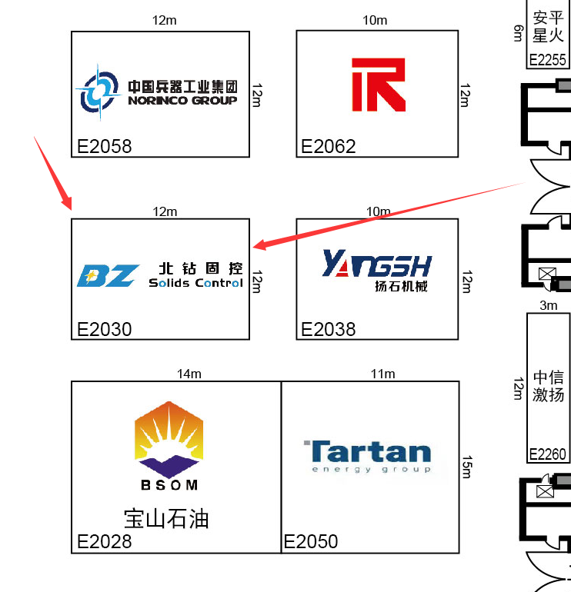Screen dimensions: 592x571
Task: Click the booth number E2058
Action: [x=105, y=146]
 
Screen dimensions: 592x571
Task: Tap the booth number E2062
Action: [x=329, y=146]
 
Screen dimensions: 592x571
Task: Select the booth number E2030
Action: [x=105, y=329]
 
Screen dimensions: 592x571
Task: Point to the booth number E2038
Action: [x=329, y=329]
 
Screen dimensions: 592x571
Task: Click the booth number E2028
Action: [x=105, y=541]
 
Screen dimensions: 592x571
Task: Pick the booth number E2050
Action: [x=311, y=541]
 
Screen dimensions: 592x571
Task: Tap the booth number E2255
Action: [x=547, y=60]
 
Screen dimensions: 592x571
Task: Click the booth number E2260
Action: [x=547, y=454]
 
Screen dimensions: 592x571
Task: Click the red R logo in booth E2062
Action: [x=378, y=84]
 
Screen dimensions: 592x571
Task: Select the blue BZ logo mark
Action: [x=109, y=275]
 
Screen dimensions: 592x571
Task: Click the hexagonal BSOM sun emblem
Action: [x=169, y=438]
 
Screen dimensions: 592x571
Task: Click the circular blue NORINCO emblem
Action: [x=97, y=91]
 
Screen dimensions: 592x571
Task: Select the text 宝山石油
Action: [x=166, y=518]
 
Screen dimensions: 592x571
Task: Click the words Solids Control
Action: [x=195, y=283]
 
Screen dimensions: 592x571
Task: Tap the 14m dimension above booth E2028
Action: [x=189, y=374]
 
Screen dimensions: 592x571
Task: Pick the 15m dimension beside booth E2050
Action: [x=466, y=466]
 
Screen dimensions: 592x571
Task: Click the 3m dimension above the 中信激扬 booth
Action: [x=548, y=305]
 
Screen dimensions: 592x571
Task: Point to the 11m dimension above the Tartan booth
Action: [x=382, y=374]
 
